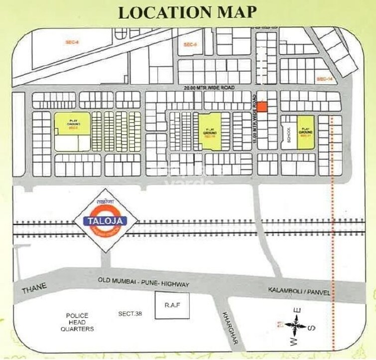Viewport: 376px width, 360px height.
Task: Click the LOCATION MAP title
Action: tap(188, 12)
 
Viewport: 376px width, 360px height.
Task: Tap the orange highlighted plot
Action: tap(262, 107)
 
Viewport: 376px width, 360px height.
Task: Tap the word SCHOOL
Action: tap(288, 133)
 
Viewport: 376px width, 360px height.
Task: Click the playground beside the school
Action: tap(306, 132)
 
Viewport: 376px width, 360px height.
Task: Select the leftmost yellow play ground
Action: tap(72, 124)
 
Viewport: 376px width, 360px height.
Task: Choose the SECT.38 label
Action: tap(130, 314)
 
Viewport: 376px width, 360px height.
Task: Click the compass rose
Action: tap(296, 328)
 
